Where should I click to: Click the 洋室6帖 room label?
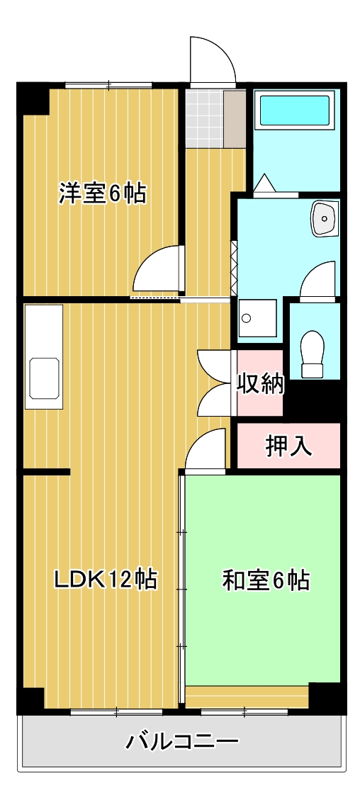pyautogui.click(x=102, y=193)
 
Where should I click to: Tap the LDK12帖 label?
pyautogui.click(x=106, y=580)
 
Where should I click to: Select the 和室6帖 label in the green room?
pyautogui.click(x=265, y=580)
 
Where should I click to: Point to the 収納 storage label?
pyautogui.click(x=260, y=384)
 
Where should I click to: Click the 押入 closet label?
pyautogui.click(x=288, y=446)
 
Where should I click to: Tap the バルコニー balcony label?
pyautogui.click(x=182, y=742)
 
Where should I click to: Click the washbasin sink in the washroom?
pyautogui.click(x=325, y=218)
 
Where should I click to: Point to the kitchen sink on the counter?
pyautogui.click(x=43, y=378)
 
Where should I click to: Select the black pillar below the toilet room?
pyautogui.click(x=313, y=400)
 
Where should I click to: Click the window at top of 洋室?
pyautogui.click(x=108, y=86)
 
